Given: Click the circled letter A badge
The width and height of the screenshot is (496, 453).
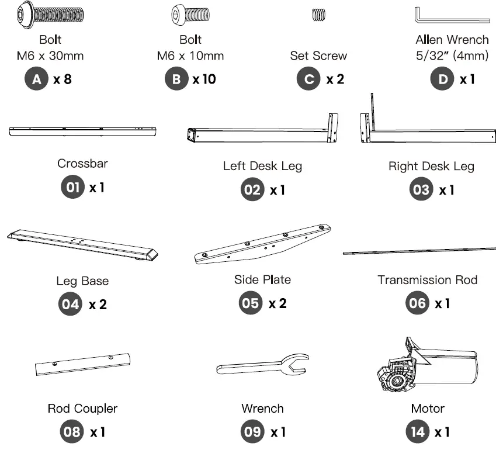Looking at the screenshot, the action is click(36, 79).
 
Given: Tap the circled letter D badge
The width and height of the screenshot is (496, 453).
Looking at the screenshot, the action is click(442, 79).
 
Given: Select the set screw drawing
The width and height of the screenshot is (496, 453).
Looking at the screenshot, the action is click(318, 15).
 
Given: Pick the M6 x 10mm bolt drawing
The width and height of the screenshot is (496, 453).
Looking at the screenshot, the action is click(190, 15).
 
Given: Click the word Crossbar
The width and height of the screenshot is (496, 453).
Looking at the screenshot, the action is click(82, 164).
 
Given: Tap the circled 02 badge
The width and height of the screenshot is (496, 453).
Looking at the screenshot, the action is click(252, 189).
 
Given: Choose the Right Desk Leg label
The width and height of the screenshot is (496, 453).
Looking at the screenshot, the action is click(431, 166).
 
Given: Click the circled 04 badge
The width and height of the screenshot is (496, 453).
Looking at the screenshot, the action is click(70, 304).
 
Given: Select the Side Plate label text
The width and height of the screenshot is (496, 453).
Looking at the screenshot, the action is click(262, 279).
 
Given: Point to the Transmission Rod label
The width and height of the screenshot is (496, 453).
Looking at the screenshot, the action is click(428, 280).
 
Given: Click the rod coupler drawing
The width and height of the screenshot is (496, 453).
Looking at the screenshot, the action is click(82, 364).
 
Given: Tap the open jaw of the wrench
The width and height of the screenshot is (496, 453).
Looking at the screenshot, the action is click(296, 364).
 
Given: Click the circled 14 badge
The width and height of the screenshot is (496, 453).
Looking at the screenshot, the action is click(418, 431).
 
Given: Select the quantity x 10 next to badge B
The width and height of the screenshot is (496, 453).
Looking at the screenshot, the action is click(204, 79).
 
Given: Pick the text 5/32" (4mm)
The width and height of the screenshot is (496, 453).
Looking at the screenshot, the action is click(452, 56).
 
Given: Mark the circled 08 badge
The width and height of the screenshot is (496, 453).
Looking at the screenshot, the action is click(72, 431).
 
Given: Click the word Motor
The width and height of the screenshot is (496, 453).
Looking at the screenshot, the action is click(428, 409).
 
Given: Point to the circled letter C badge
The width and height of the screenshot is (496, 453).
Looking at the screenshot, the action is click(308, 79).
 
